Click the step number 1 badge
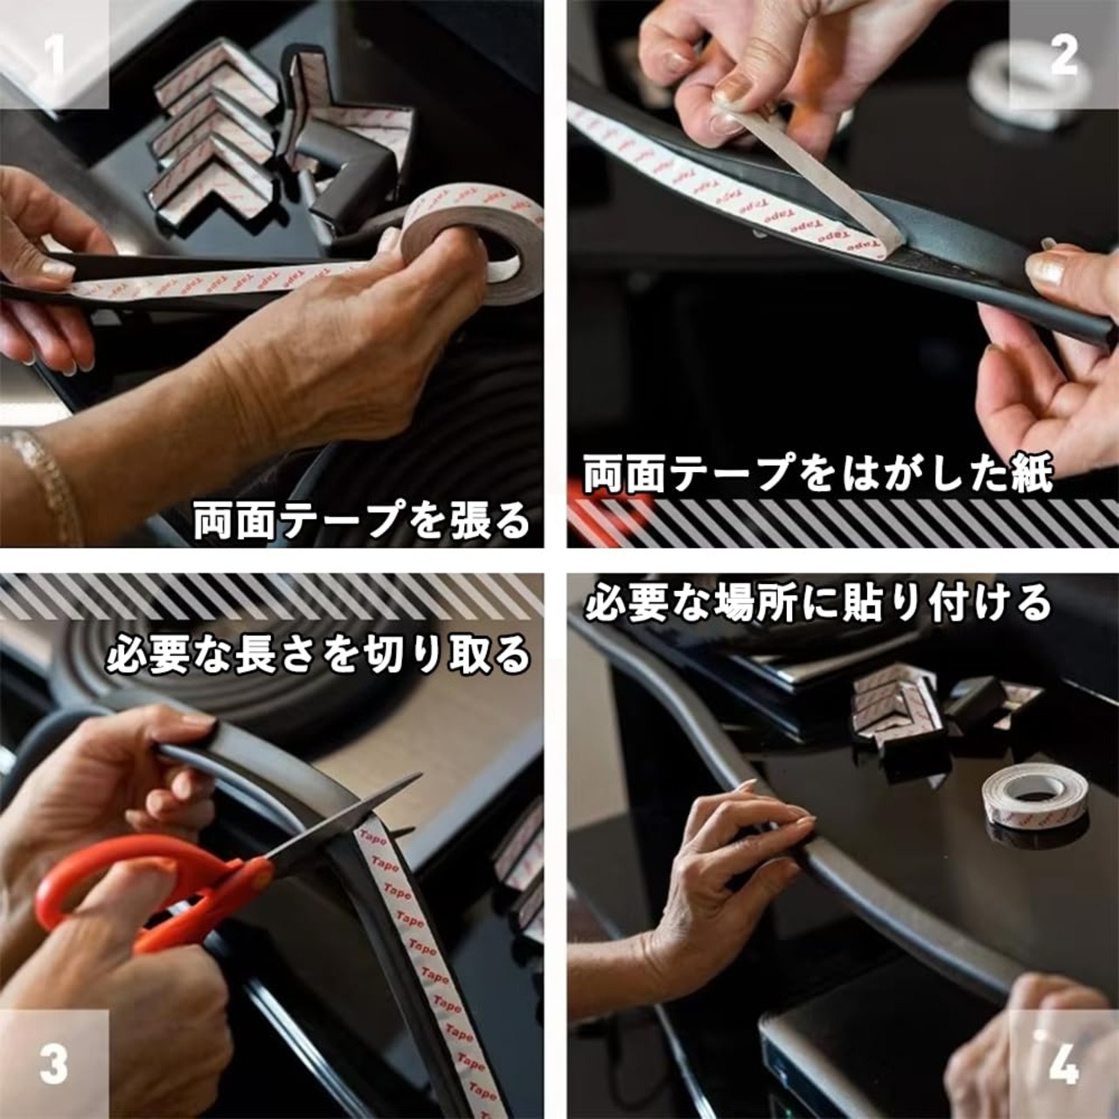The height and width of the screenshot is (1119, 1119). pyautogui.click(x=54, y=54)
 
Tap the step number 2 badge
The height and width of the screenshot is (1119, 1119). pyautogui.click(x=1064, y=54)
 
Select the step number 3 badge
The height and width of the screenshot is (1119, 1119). pyautogui.click(x=54, y=1064)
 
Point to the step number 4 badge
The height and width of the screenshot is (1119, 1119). pyautogui.click(x=1064, y=1064)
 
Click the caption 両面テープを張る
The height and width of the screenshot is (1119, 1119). pyautogui.click(x=361, y=521)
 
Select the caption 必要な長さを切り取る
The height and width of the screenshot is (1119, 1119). pyautogui.click(x=318, y=655)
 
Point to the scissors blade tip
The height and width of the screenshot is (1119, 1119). pyautogui.click(x=420, y=775)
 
